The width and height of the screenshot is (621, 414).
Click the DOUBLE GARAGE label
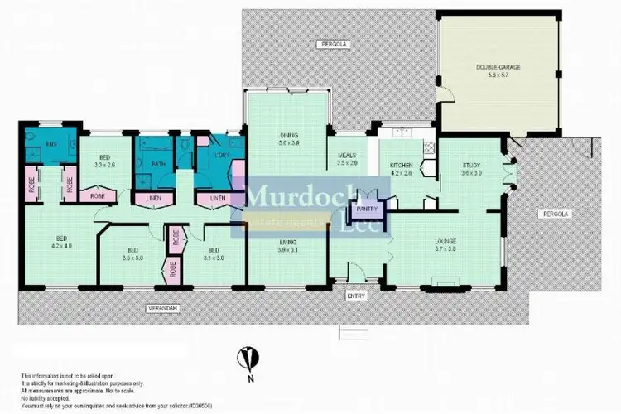click(x=498, y=65)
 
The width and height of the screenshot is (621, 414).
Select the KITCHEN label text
click(x=402, y=166)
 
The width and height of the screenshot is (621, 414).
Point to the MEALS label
click(x=347, y=156)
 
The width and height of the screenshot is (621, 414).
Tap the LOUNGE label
click(x=445, y=242)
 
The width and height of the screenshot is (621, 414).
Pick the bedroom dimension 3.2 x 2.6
click(x=105, y=165)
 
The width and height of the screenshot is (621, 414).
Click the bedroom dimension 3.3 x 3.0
click(x=132, y=257)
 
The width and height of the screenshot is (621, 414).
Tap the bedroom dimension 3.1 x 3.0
click(x=214, y=257)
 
